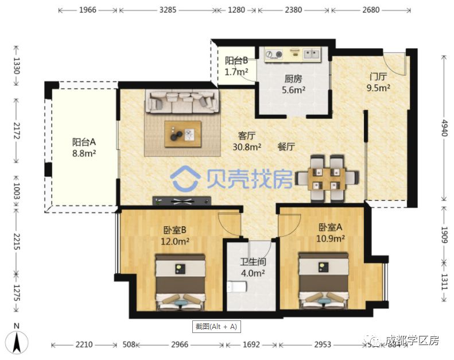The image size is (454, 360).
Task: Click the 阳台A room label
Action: point(83,142)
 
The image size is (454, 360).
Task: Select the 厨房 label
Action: point(293,79)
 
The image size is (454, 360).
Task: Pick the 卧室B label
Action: point(175,230)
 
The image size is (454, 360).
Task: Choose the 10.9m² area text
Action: point(331,238)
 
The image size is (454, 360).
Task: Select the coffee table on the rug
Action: point(183,134)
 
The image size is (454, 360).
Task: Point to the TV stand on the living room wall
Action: point(182,201)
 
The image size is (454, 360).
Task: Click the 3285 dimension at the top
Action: point(167,10)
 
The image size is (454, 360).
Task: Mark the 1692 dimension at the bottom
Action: point(251,344)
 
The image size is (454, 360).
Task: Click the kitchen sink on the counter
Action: point(312,55)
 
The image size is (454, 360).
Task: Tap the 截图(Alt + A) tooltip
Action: point(216,327)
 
